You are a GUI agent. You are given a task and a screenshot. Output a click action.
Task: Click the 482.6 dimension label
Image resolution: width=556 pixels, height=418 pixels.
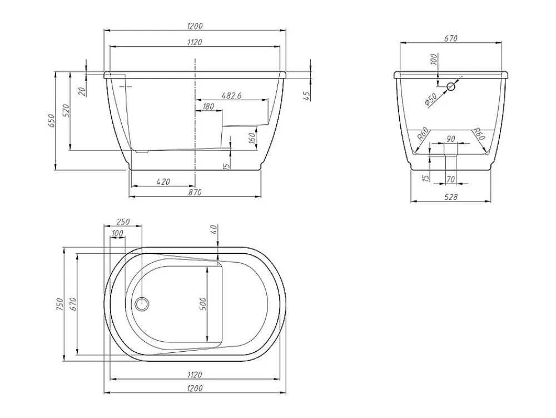click(x=231, y=95)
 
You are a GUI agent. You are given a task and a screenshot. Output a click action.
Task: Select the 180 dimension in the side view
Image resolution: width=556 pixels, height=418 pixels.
click(x=208, y=106)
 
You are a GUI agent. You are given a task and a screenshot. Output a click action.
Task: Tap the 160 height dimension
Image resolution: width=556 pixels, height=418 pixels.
click(x=252, y=137)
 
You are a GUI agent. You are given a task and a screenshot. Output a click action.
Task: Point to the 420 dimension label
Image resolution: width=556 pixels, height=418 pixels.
click(x=163, y=181)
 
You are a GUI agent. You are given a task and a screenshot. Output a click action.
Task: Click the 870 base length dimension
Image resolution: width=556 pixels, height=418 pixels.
click(x=195, y=193)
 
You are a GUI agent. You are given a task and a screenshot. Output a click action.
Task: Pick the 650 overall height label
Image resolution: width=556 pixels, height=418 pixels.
click(x=52, y=121)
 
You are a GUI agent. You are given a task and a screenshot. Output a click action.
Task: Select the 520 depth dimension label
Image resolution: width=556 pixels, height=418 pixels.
click(x=66, y=111)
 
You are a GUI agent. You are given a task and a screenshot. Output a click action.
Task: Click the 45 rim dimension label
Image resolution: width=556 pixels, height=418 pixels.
click(x=307, y=95)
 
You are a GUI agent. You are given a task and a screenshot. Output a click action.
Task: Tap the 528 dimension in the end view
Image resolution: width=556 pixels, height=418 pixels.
click(x=451, y=197)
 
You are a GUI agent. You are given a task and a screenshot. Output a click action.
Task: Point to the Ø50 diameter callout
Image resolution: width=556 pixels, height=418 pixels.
click(x=430, y=100)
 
